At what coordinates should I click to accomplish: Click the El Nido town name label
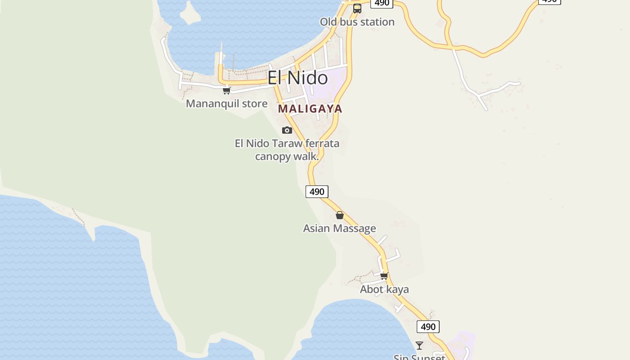tap(297, 78)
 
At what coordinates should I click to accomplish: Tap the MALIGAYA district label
tap(310, 108)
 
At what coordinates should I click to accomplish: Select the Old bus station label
tap(357, 22)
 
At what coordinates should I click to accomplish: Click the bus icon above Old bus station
tap(357, 9)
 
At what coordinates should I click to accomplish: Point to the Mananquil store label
tap(226, 103)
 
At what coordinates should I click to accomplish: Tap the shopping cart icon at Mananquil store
tap(227, 90)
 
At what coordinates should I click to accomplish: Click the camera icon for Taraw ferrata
tap(287, 130)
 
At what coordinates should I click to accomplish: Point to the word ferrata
tap(322, 144)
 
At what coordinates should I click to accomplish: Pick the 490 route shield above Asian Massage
tap(317, 191)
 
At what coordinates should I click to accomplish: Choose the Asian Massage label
tap(339, 228)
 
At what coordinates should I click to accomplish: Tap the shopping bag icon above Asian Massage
tap(340, 215)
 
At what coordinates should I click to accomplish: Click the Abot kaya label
tap(384, 289)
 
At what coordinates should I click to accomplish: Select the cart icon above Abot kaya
tap(384, 276)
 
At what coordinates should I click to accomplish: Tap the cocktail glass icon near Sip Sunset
tap(419, 346)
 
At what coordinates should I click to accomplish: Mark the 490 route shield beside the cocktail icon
tap(428, 327)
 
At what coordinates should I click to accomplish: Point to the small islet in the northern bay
tap(189, 13)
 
